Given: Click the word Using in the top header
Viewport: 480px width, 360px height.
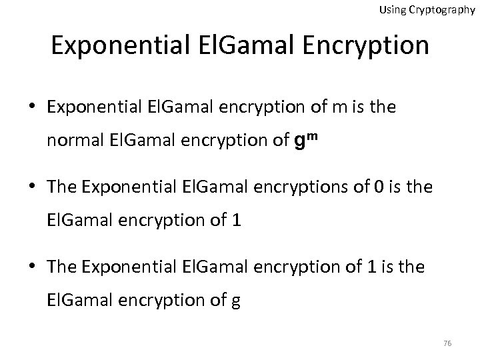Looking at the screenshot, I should click(392, 10).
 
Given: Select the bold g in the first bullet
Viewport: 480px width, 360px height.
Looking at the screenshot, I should click(299, 141).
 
